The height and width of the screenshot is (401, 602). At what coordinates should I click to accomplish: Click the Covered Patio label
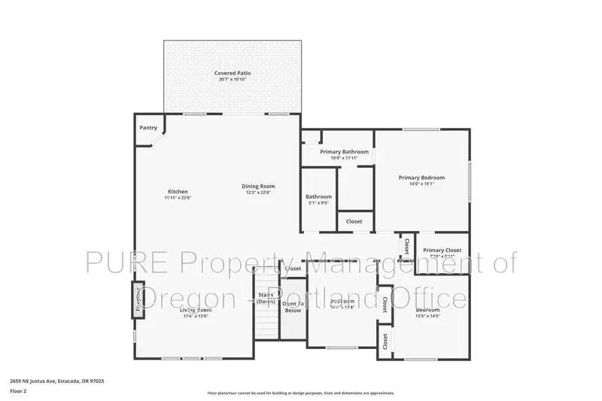coord(233,73)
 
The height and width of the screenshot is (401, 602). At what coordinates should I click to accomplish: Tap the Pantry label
coord(148,128)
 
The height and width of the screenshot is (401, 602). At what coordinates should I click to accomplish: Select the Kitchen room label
coord(178,192)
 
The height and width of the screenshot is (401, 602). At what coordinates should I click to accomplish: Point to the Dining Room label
coord(258,187)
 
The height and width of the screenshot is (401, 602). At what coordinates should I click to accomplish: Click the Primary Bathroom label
coord(344,152)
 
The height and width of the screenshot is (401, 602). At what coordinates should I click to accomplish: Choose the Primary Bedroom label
coord(421,178)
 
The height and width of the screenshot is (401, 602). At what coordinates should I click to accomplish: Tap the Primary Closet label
coord(442,251)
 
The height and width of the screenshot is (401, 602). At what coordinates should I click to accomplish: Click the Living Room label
coord(195,310)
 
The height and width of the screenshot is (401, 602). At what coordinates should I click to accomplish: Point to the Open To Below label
coord(293,306)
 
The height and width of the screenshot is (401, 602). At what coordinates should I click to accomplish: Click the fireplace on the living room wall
coord(138,299)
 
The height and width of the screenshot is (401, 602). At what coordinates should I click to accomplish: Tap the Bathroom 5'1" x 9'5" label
coord(319,197)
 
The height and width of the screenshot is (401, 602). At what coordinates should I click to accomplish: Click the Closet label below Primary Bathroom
coord(354,221)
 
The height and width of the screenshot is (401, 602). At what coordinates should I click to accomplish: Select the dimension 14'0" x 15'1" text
coord(421,184)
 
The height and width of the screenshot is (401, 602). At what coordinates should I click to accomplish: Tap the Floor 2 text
coord(18,391)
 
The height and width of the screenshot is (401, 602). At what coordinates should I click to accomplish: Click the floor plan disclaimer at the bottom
coord(300,393)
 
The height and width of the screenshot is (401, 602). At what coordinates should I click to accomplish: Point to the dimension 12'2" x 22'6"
coord(258,193)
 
